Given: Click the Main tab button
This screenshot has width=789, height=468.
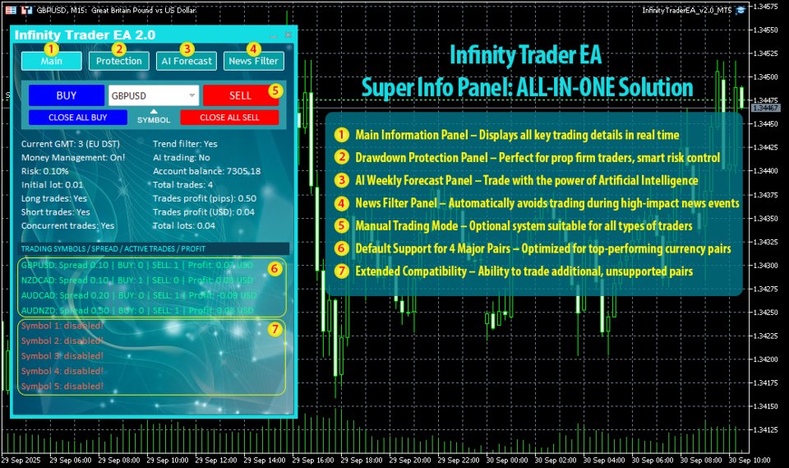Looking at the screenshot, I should pyautogui.click(x=51, y=61).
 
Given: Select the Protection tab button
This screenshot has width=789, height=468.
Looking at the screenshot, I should pyautogui.click(x=119, y=61).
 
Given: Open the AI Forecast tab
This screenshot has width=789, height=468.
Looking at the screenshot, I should pyautogui.click(x=187, y=61).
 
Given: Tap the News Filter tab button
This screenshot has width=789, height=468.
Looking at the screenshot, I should pyautogui.click(x=253, y=61).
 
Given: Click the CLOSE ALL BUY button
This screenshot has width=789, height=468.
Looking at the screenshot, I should pyautogui.click(x=77, y=118).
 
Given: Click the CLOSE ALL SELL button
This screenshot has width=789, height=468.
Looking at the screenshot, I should pyautogui.click(x=229, y=118).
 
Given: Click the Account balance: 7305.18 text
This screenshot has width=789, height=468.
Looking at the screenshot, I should pyautogui.click(x=206, y=171).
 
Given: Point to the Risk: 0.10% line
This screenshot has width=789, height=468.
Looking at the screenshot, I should pyautogui.click(x=46, y=171).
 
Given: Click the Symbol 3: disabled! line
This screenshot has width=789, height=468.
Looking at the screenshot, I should pyautogui.click(x=62, y=356).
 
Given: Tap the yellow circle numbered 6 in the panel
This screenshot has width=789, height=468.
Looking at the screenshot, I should pyautogui.click(x=275, y=268).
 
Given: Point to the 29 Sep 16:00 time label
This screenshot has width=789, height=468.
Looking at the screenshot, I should pyautogui.click(x=313, y=461).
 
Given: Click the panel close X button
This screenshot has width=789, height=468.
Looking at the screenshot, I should pyautogui.click(x=288, y=35).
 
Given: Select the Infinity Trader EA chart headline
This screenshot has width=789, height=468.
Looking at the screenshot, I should pyautogui.click(x=526, y=56).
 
